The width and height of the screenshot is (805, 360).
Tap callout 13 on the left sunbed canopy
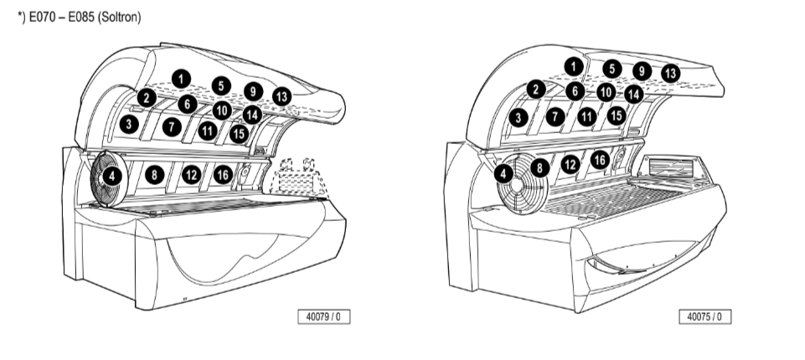281,96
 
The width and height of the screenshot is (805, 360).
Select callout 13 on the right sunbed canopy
670,73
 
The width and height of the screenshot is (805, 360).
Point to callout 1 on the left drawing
180,78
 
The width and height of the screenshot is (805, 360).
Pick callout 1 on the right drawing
573,64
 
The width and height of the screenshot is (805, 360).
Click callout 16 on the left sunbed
222,174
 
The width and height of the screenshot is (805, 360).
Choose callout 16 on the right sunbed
600,159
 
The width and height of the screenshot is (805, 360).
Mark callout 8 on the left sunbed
154,175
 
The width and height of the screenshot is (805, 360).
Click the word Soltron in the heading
119,18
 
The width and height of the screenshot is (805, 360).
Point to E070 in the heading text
44,18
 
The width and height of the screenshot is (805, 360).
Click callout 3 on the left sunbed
128,125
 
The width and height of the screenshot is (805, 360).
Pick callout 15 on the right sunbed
616,116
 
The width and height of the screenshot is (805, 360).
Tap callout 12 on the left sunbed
191,174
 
